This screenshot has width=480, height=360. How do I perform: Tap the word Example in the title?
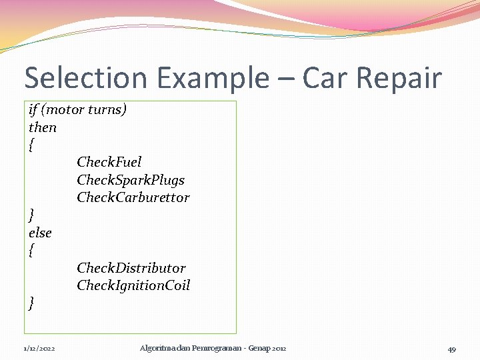pos(205,78)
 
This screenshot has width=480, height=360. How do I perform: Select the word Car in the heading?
pos(325,78)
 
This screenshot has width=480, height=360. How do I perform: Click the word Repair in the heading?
pos(399,78)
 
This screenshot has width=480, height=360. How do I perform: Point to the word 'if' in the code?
pos(33,109)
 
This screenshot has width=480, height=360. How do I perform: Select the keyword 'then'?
pos(43,127)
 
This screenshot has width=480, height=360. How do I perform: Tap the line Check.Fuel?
pos(109,162)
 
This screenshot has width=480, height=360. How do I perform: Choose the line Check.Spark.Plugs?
pos(131,180)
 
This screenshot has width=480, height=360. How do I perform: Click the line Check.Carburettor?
pos(133,197)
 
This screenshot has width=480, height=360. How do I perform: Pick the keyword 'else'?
pos(40,233)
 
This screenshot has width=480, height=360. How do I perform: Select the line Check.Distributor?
pos(131,268)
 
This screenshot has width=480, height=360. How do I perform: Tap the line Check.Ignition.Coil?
pos(133,285)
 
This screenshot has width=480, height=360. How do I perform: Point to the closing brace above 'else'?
pos(31,215)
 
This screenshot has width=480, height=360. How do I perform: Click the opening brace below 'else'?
pos(31,251)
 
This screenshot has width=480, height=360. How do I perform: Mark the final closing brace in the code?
pos(31,303)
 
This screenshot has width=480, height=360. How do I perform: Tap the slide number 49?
pos(451,349)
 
